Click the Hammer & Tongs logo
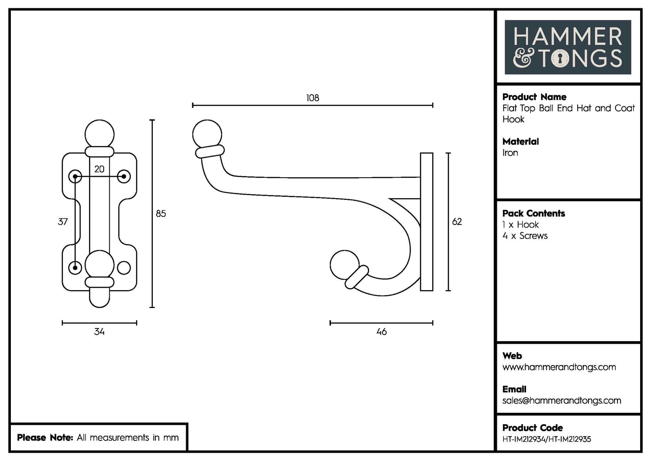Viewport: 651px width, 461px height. [x=568, y=47]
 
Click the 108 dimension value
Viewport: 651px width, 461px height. [x=312, y=98]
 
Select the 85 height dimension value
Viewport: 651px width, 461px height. [x=161, y=213]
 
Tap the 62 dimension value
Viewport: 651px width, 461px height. [x=457, y=222]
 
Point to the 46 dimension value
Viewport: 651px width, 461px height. [x=381, y=332]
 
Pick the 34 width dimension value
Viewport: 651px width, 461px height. [x=99, y=332]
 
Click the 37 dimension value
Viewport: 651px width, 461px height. [x=63, y=222]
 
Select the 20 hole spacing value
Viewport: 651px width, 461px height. [x=99, y=169]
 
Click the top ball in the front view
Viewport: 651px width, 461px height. [x=99, y=133]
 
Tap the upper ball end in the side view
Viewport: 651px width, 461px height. [x=207, y=133]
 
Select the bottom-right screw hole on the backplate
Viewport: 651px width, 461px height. [x=124, y=268]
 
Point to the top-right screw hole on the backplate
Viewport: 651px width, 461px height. [x=124, y=176]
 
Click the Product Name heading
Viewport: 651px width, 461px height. [x=534, y=97]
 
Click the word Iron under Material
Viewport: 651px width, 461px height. [x=510, y=153]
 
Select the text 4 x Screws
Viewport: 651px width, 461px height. [x=525, y=236]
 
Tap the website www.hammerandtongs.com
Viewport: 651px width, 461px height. [x=559, y=367]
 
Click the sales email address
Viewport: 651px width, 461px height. [x=562, y=401]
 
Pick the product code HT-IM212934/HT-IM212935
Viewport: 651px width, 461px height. [x=546, y=439]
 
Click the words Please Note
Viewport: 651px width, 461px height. [x=45, y=438]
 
